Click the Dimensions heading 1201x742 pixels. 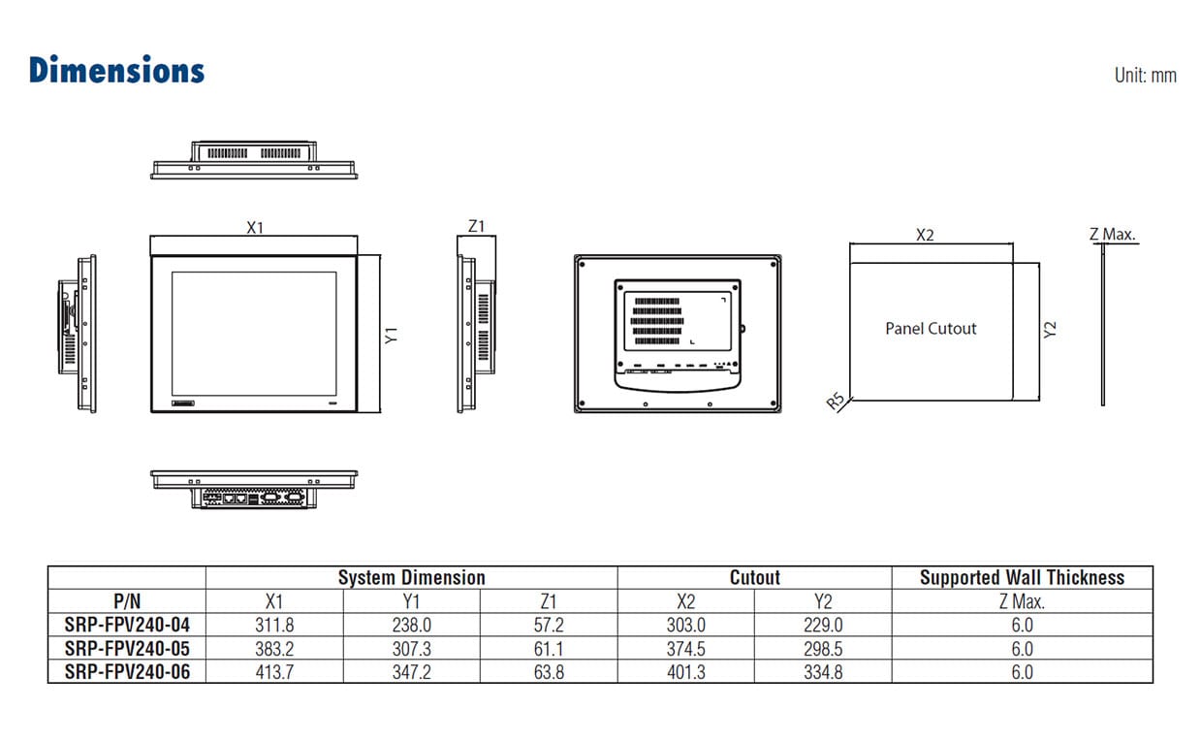pos(116,70)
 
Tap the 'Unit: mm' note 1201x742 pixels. pos(1145,75)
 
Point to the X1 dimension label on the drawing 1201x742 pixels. pos(255,228)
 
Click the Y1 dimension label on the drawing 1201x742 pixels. pos(392,336)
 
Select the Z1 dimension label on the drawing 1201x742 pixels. pos(476,227)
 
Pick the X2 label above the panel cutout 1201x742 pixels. pos(925,235)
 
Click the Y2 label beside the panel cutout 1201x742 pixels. pos(1050,330)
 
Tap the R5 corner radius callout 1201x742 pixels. pos(837,402)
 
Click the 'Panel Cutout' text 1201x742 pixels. pos(931,329)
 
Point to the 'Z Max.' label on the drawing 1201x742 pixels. pos(1112,234)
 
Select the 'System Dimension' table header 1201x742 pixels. pos(411,578)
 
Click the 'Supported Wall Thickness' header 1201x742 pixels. pos(1022,578)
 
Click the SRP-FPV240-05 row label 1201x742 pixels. pos(127,649)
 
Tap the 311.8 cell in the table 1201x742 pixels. pos(274,626)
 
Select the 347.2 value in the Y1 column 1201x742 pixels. pos(411,672)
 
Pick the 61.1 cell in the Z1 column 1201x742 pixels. pos(549,649)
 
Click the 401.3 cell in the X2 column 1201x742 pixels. pos(685,672)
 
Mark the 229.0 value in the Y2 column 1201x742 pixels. pos(823,626)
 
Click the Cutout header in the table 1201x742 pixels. pos(754,578)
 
